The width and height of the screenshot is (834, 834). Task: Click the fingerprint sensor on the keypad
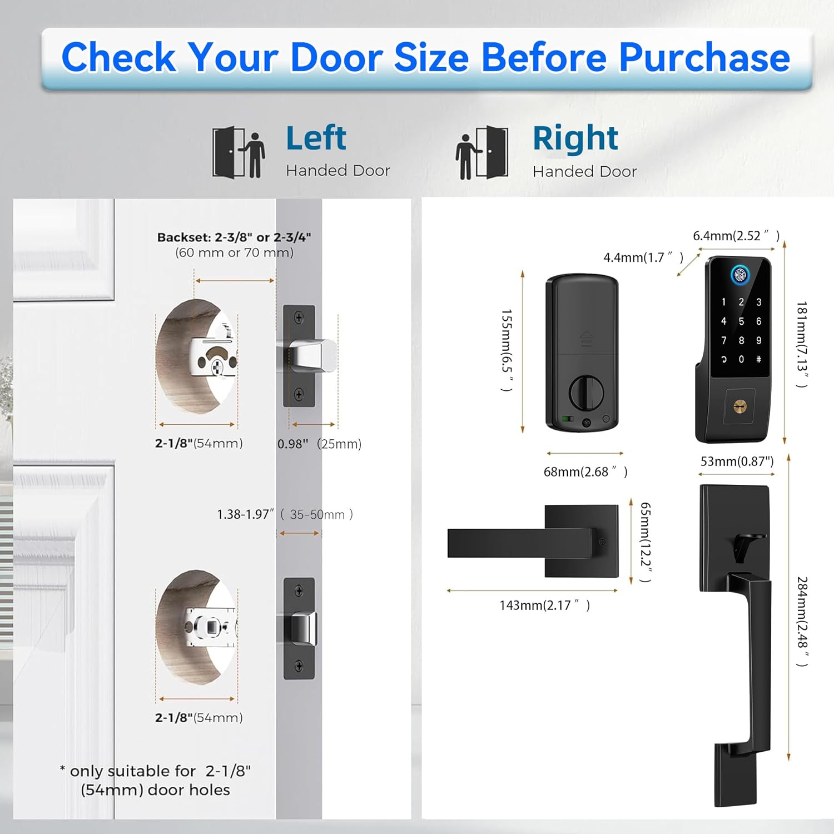tap(740, 275)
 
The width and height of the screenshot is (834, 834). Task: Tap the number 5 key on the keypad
tap(741, 321)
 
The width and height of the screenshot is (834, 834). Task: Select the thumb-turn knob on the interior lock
tap(586, 393)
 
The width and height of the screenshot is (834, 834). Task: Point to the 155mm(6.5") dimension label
tap(507, 350)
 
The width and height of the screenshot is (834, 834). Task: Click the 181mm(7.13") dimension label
tap(801, 344)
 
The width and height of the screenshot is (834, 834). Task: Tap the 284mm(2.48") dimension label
tap(802, 621)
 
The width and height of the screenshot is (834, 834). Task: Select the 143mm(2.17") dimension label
tap(545, 605)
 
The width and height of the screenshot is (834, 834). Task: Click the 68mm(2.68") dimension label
tap(585, 471)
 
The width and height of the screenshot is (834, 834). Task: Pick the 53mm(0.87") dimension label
tap(737, 461)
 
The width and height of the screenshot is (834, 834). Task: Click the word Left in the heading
tap(316, 138)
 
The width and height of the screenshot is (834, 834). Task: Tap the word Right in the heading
tap(575, 138)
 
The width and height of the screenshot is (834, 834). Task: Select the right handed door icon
tap(481, 152)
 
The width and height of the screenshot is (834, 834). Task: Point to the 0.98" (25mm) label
tap(320, 444)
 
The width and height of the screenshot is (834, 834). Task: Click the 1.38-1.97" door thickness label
tap(285, 514)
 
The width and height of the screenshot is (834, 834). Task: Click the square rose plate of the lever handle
tap(582, 541)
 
